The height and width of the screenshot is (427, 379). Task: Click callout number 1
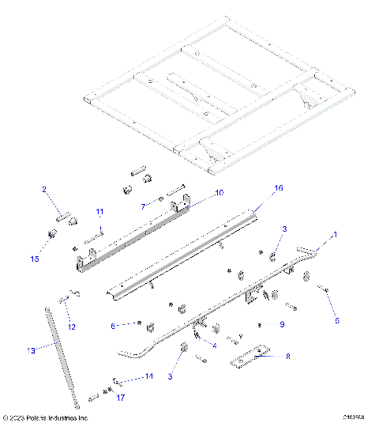334,235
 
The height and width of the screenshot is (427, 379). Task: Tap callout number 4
215,346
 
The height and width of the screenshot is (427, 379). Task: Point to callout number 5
336,321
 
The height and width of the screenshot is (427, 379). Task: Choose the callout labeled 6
114,325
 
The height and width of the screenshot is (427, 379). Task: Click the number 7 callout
142,206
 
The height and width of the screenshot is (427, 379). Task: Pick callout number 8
287,357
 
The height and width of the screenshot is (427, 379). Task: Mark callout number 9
281,324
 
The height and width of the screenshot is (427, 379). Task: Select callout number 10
197,192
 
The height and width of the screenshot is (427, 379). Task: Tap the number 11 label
99,212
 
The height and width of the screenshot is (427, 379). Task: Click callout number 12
71,327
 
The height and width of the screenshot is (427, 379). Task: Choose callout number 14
148,377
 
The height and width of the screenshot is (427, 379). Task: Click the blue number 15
33,258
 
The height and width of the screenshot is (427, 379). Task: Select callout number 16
255,188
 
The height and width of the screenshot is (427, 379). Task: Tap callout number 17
121,398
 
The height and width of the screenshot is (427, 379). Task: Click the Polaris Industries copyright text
46,418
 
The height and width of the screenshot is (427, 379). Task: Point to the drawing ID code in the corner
353,418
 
